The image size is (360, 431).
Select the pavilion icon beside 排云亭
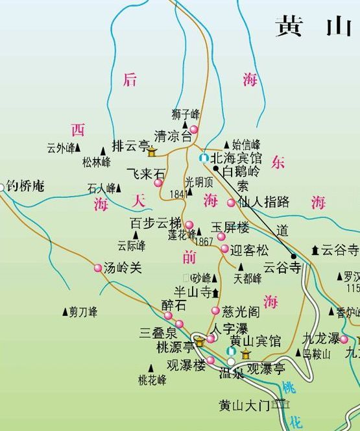(152, 152)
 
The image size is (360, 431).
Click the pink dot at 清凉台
(193, 130)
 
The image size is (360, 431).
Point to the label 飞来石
(145, 174)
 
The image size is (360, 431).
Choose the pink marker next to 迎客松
(224, 249)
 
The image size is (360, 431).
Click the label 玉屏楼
(230, 228)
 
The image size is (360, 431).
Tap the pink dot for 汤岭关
(98, 268)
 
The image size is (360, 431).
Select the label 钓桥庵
(25, 186)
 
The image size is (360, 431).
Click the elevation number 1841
(177, 193)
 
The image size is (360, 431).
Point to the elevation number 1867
(203, 241)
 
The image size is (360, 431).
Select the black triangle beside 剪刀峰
(64, 312)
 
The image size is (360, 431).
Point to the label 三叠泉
(158, 333)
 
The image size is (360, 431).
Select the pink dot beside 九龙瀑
(344, 339)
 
